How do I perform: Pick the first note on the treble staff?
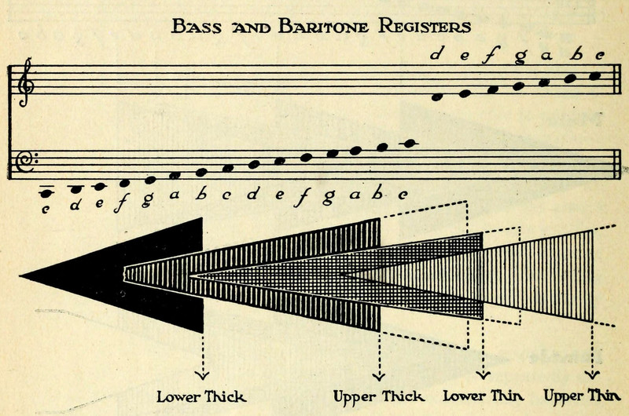(x=440, y=97)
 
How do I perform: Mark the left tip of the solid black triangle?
(x=21, y=276)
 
